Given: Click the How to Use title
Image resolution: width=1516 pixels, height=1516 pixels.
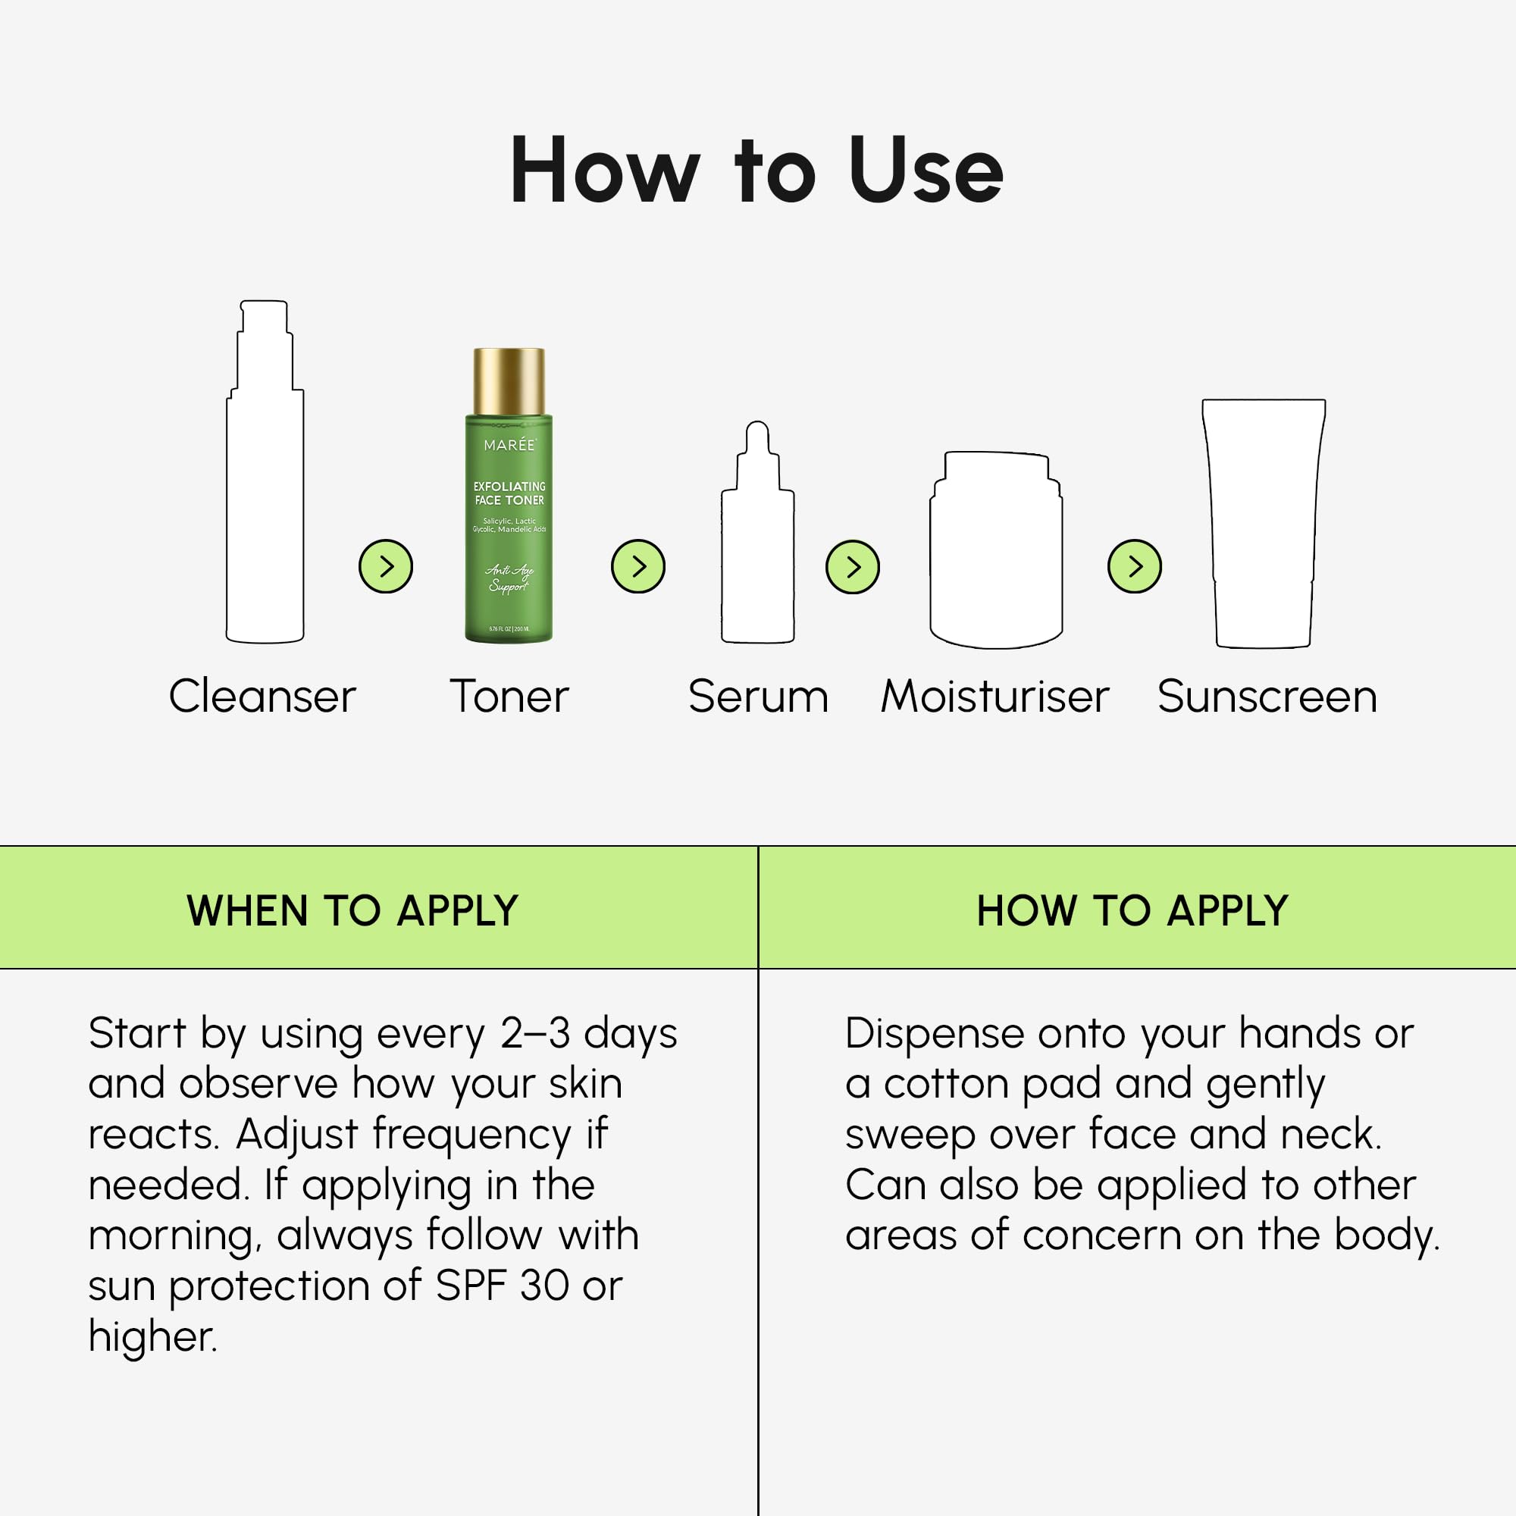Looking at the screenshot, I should [x=756, y=171].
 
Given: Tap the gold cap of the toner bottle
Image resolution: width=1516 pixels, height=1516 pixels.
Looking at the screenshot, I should [x=509, y=381].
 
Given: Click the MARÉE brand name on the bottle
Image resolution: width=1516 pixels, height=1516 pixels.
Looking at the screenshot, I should [x=509, y=445].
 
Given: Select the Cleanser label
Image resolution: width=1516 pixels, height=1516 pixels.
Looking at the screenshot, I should [x=262, y=696].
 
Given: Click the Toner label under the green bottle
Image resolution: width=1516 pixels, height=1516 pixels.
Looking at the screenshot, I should [x=509, y=696].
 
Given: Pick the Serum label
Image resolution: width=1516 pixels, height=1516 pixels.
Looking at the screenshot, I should [x=758, y=696].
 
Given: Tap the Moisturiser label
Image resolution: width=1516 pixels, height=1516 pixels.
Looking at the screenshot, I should [x=995, y=696].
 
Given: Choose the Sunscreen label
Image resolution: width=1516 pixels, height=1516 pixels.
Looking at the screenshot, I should [x=1267, y=696].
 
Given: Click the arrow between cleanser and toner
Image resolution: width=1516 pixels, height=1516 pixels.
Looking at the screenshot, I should [x=385, y=565].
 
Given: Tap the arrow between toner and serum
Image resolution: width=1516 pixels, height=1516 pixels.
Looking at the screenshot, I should [x=638, y=565].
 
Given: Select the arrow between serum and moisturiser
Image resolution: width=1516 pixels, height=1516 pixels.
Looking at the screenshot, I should [x=852, y=565].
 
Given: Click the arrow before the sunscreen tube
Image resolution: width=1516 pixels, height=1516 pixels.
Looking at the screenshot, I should [x=1134, y=565].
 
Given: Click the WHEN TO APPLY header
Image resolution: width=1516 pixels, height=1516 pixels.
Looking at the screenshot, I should [x=352, y=911].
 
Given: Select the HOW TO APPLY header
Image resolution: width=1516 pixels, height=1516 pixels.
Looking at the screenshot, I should [x=1132, y=911].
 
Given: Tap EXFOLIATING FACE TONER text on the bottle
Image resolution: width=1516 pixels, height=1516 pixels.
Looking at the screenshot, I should [x=509, y=493].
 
